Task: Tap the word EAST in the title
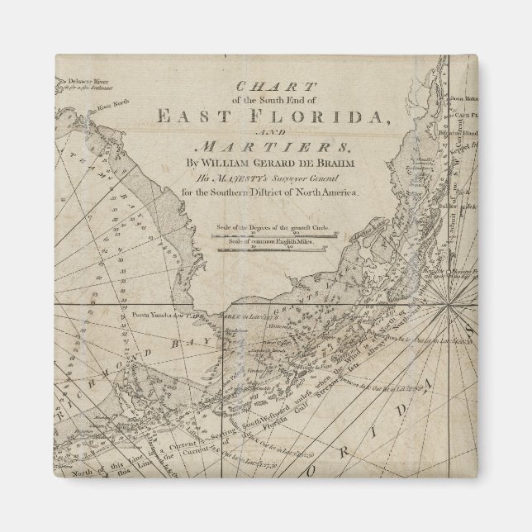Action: pyautogui.click(x=195, y=116)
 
